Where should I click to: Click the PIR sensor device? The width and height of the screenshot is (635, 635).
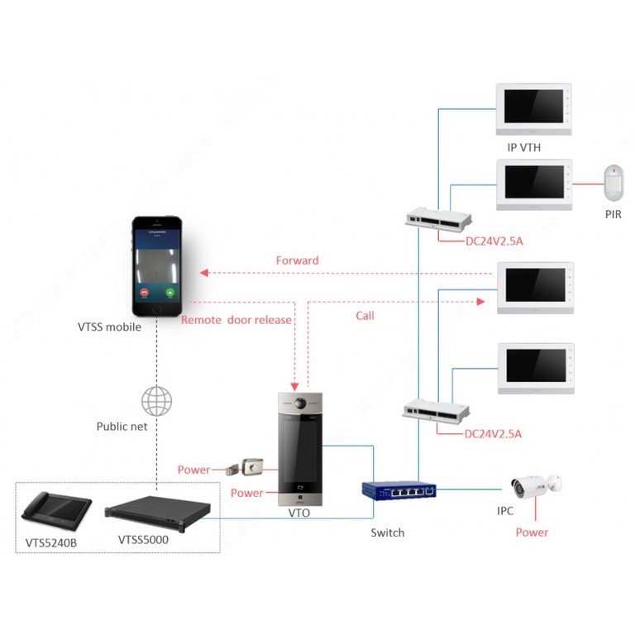pos(613,182)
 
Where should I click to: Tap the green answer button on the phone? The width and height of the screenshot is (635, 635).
pos(170,292)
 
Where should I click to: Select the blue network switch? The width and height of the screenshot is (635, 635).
pos(398,491)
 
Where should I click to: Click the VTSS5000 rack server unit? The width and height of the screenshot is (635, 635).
pos(157,512)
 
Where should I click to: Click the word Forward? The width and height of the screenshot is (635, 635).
pos(297,260)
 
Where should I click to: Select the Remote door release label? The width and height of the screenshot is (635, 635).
pos(236,320)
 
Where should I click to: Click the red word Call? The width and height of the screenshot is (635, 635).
pos(365,316)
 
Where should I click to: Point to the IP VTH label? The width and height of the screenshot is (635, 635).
pos(524,147)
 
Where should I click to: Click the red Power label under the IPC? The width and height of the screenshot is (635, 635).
pos(532,532)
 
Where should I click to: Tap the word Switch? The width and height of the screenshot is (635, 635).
pos(387,533)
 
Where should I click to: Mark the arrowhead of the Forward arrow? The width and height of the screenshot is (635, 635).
pos(203,272)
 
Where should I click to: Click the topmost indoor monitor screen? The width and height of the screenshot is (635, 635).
pos(533,108)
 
